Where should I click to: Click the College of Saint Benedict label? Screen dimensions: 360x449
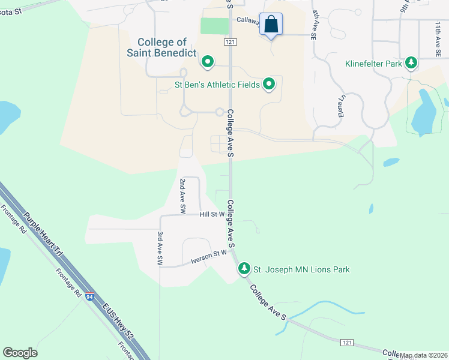(x=161, y=47)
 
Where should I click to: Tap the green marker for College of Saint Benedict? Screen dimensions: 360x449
(x=208, y=61)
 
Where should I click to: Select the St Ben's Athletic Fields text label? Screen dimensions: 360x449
(x=217, y=85)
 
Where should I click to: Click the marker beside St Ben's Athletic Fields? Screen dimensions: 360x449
(x=270, y=85)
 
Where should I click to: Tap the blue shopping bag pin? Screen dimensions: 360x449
(x=271, y=25)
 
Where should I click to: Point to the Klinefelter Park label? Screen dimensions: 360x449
(x=373, y=63)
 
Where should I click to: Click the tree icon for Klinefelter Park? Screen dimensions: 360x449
(x=411, y=62)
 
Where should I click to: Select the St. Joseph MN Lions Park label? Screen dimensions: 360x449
(x=301, y=269)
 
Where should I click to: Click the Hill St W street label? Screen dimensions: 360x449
(x=212, y=214)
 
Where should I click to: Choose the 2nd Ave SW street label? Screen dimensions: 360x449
(x=182, y=196)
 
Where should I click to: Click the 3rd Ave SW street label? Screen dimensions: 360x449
(x=160, y=250)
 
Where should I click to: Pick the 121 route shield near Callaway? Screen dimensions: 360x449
(x=231, y=41)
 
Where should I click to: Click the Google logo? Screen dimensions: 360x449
(x=20, y=353)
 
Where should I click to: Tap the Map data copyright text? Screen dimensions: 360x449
(x=423, y=355)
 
